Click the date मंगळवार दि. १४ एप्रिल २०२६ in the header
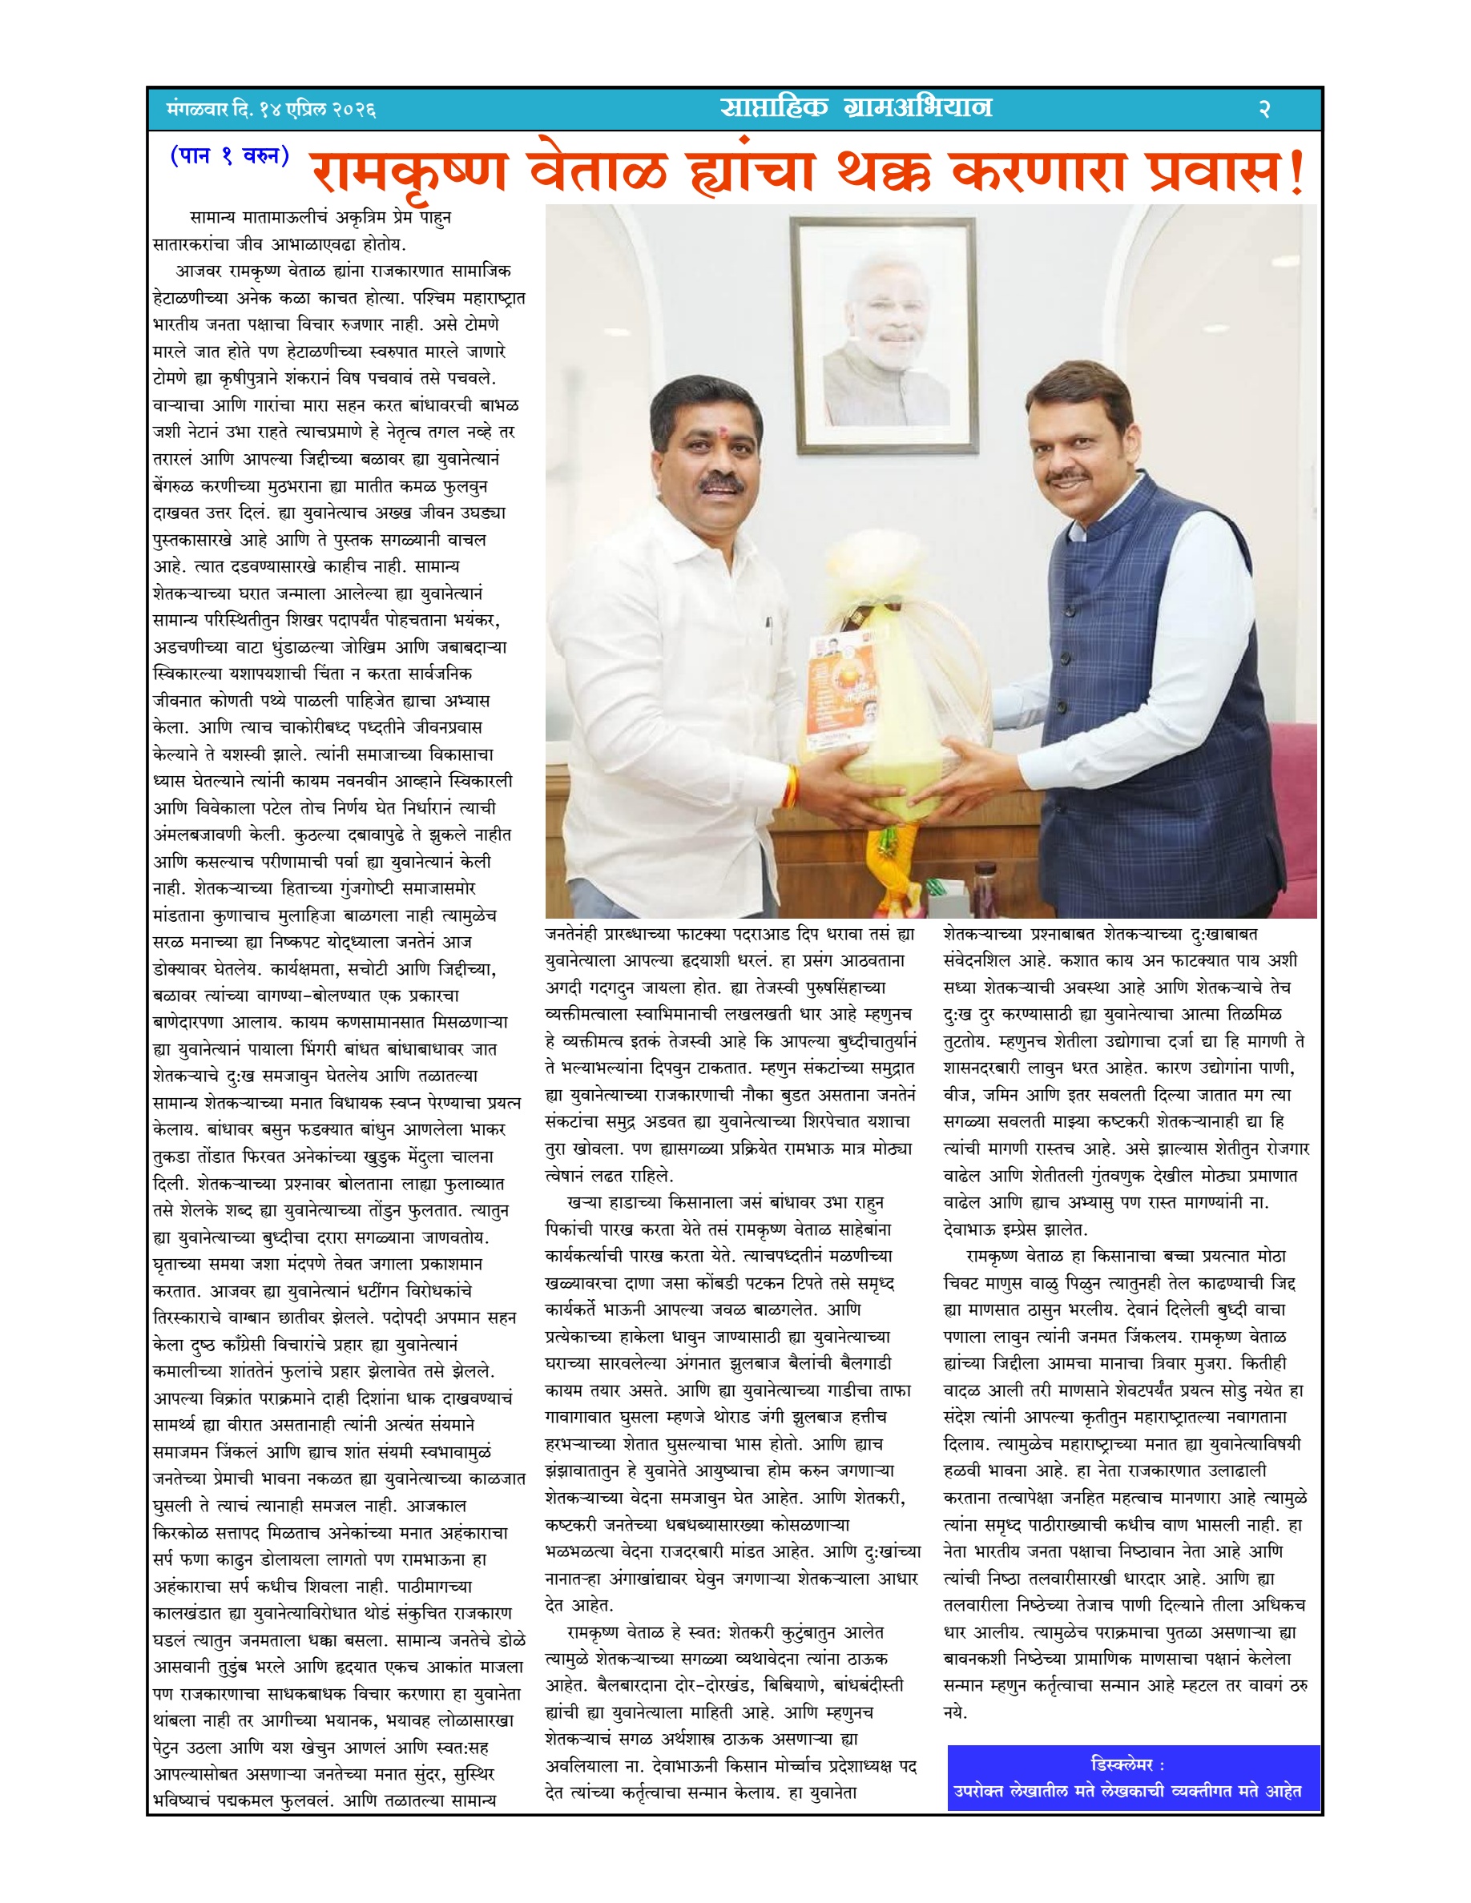pyautogui.click(x=270, y=110)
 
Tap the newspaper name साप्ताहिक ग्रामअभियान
pyautogui.click(x=856, y=107)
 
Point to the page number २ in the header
pyautogui.click(x=1264, y=110)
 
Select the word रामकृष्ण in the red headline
pyautogui.click(x=409, y=171)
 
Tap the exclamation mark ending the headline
pyautogui.click(x=1296, y=172)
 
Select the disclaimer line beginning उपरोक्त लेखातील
pyautogui.click(x=1126, y=1792)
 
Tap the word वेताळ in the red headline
pyautogui.click(x=598, y=171)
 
